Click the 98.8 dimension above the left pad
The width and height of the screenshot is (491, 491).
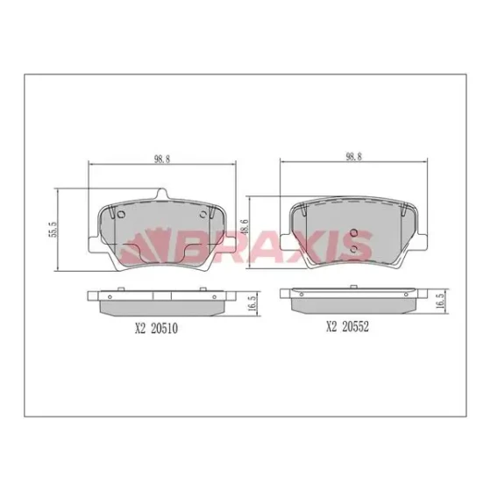click(162, 159)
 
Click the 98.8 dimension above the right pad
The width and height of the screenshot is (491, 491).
click(353, 157)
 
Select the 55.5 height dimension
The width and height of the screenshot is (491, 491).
click(53, 229)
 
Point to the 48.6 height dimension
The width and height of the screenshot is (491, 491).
click(245, 227)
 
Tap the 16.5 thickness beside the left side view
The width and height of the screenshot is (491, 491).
click(253, 302)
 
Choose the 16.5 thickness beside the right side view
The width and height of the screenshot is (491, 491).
click(440, 301)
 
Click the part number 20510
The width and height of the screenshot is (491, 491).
click(165, 328)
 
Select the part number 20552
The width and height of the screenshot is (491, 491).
click(355, 326)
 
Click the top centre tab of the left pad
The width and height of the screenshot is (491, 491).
click(161, 194)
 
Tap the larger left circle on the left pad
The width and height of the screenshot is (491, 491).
click(121, 215)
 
